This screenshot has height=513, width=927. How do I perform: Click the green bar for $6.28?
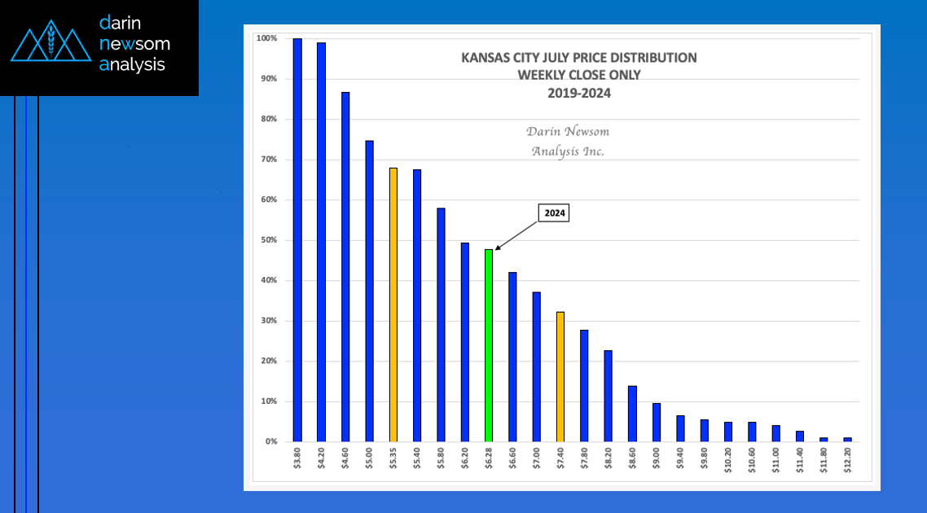[489, 345]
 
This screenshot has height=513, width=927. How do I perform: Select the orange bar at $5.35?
[393, 305]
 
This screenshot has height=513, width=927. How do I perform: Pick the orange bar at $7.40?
[560, 376]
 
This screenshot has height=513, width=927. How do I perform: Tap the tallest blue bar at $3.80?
[297, 240]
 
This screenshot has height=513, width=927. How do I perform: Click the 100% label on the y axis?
[266, 38]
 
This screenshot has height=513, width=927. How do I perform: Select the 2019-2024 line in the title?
[578, 93]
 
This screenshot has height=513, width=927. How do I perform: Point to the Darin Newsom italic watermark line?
[567, 131]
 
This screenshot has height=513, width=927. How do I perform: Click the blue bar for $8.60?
[632, 414]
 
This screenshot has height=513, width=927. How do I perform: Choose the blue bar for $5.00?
[369, 291]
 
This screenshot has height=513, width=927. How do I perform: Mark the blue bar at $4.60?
[345, 266]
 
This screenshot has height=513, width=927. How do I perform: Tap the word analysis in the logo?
[132, 65]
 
